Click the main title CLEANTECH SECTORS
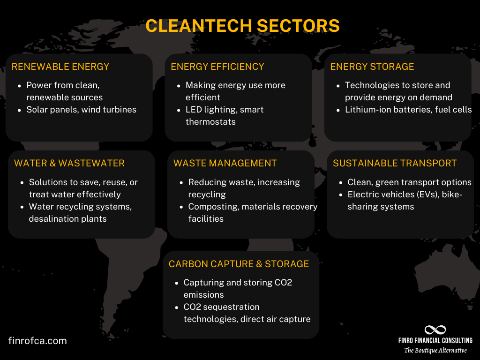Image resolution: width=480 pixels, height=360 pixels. pos(242,26)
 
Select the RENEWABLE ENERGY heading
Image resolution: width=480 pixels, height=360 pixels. pos(60,67)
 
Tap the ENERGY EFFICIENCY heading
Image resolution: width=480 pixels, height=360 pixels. pos(217,67)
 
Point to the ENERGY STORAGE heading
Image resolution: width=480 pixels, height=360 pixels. pos(372,67)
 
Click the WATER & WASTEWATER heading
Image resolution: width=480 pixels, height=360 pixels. pos(69,163)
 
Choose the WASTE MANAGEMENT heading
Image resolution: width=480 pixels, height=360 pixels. pos(225,163)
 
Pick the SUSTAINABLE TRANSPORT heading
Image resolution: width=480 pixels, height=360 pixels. pos(395,163)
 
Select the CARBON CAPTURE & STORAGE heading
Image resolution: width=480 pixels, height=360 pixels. pos(239,264)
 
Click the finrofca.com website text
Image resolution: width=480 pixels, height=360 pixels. pos(37,341)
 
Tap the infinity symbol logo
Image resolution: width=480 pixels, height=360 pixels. pos(435,330)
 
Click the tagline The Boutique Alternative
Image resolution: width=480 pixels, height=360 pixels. pos(435,350)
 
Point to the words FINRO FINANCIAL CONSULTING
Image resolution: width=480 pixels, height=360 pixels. pos(435,341)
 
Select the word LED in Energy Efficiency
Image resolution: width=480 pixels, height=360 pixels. pos(194,110)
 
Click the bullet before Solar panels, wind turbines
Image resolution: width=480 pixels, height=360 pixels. pos(19,110)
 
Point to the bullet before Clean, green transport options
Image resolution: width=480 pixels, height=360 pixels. pos(340,183)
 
